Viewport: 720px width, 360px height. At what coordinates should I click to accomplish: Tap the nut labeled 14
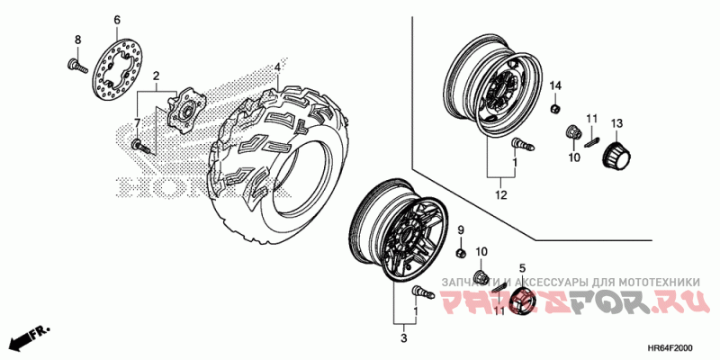555,109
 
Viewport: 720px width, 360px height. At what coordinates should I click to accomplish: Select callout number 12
500,194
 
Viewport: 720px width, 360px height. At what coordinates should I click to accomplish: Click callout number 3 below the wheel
404,337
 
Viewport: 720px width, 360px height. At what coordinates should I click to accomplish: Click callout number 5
521,268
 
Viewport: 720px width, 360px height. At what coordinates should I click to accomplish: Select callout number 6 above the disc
116,20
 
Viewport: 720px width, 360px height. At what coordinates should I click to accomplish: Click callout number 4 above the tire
278,67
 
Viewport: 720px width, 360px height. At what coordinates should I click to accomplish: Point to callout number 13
617,123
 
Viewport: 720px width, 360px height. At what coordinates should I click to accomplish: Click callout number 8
77,40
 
